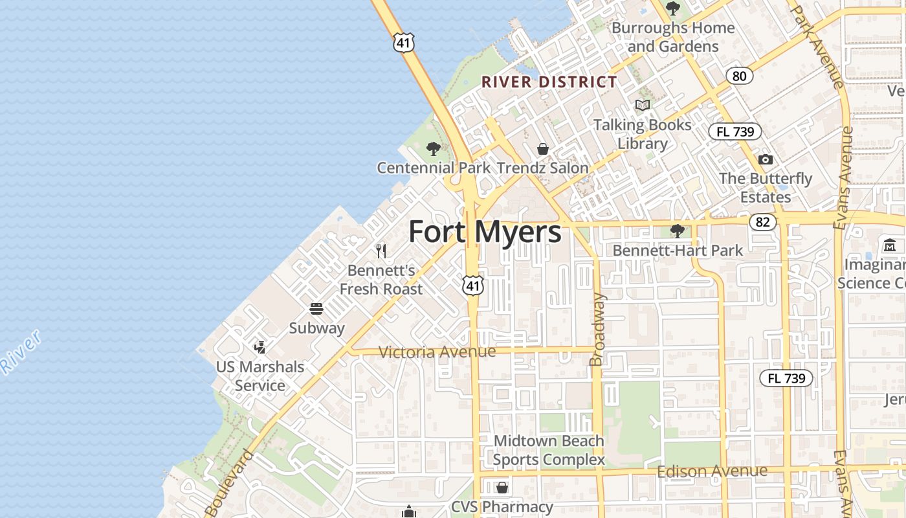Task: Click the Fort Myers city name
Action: (485, 232)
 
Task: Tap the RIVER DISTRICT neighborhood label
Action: (549, 82)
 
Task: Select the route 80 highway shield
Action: (739, 76)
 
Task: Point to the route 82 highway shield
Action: (763, 222)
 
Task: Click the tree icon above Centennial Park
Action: (434, 150)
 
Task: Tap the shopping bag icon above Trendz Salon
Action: (543, 150)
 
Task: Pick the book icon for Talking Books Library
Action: (643, 105)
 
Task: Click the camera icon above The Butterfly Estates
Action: (766, 159)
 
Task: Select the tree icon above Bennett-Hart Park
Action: (678, 231)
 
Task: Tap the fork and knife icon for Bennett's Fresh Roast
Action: (381, 251)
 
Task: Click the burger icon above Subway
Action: (316, 308)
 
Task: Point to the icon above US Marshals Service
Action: (260, 348)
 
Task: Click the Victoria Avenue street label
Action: (437, 352)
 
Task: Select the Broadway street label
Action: (598, 330)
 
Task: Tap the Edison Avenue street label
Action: (712, 471)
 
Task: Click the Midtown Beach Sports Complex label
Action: (549, 450)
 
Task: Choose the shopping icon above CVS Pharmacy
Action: (502, 488)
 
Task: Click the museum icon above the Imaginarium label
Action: (890, 246)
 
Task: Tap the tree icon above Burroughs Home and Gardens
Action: (673, 9)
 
